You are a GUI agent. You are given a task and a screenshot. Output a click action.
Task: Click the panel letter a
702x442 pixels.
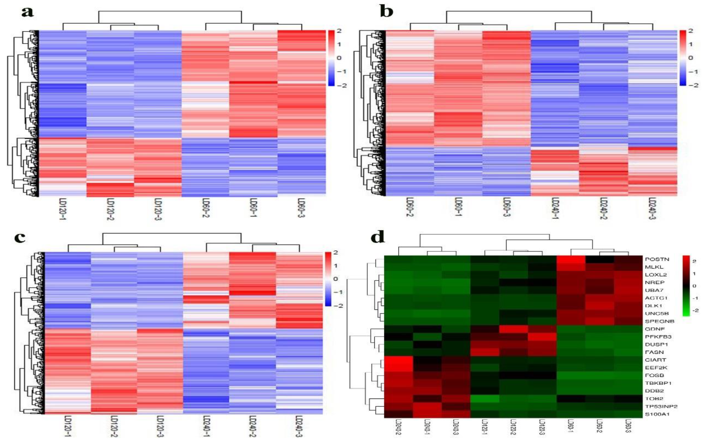pos(27,13)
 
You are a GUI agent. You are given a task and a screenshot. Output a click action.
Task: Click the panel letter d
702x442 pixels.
pos(378,238)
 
